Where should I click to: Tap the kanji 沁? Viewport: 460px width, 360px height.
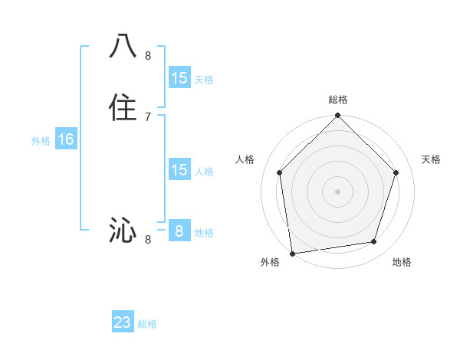123,230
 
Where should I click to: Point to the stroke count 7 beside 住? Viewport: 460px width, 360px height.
148,116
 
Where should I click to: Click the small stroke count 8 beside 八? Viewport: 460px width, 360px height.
148,55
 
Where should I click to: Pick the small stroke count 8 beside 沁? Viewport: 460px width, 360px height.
148,240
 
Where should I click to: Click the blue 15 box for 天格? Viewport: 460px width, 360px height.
179,78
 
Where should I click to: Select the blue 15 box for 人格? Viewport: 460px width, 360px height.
179,170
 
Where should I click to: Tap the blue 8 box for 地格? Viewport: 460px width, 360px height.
179,231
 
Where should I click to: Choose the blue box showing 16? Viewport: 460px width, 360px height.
66,139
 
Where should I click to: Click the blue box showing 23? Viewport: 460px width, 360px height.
123,323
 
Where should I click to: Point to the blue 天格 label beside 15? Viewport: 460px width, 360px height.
204,80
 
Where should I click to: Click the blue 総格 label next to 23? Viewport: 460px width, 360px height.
147,325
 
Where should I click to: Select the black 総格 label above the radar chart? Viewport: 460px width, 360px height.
338,100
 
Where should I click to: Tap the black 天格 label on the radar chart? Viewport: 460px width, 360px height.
432,159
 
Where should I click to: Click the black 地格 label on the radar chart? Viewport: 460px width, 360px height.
402,263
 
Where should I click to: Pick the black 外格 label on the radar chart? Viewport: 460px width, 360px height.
270,263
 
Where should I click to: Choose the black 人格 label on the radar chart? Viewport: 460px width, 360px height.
245,159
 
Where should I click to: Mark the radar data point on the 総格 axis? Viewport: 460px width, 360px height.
337,116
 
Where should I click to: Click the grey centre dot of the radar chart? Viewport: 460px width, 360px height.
337,191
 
